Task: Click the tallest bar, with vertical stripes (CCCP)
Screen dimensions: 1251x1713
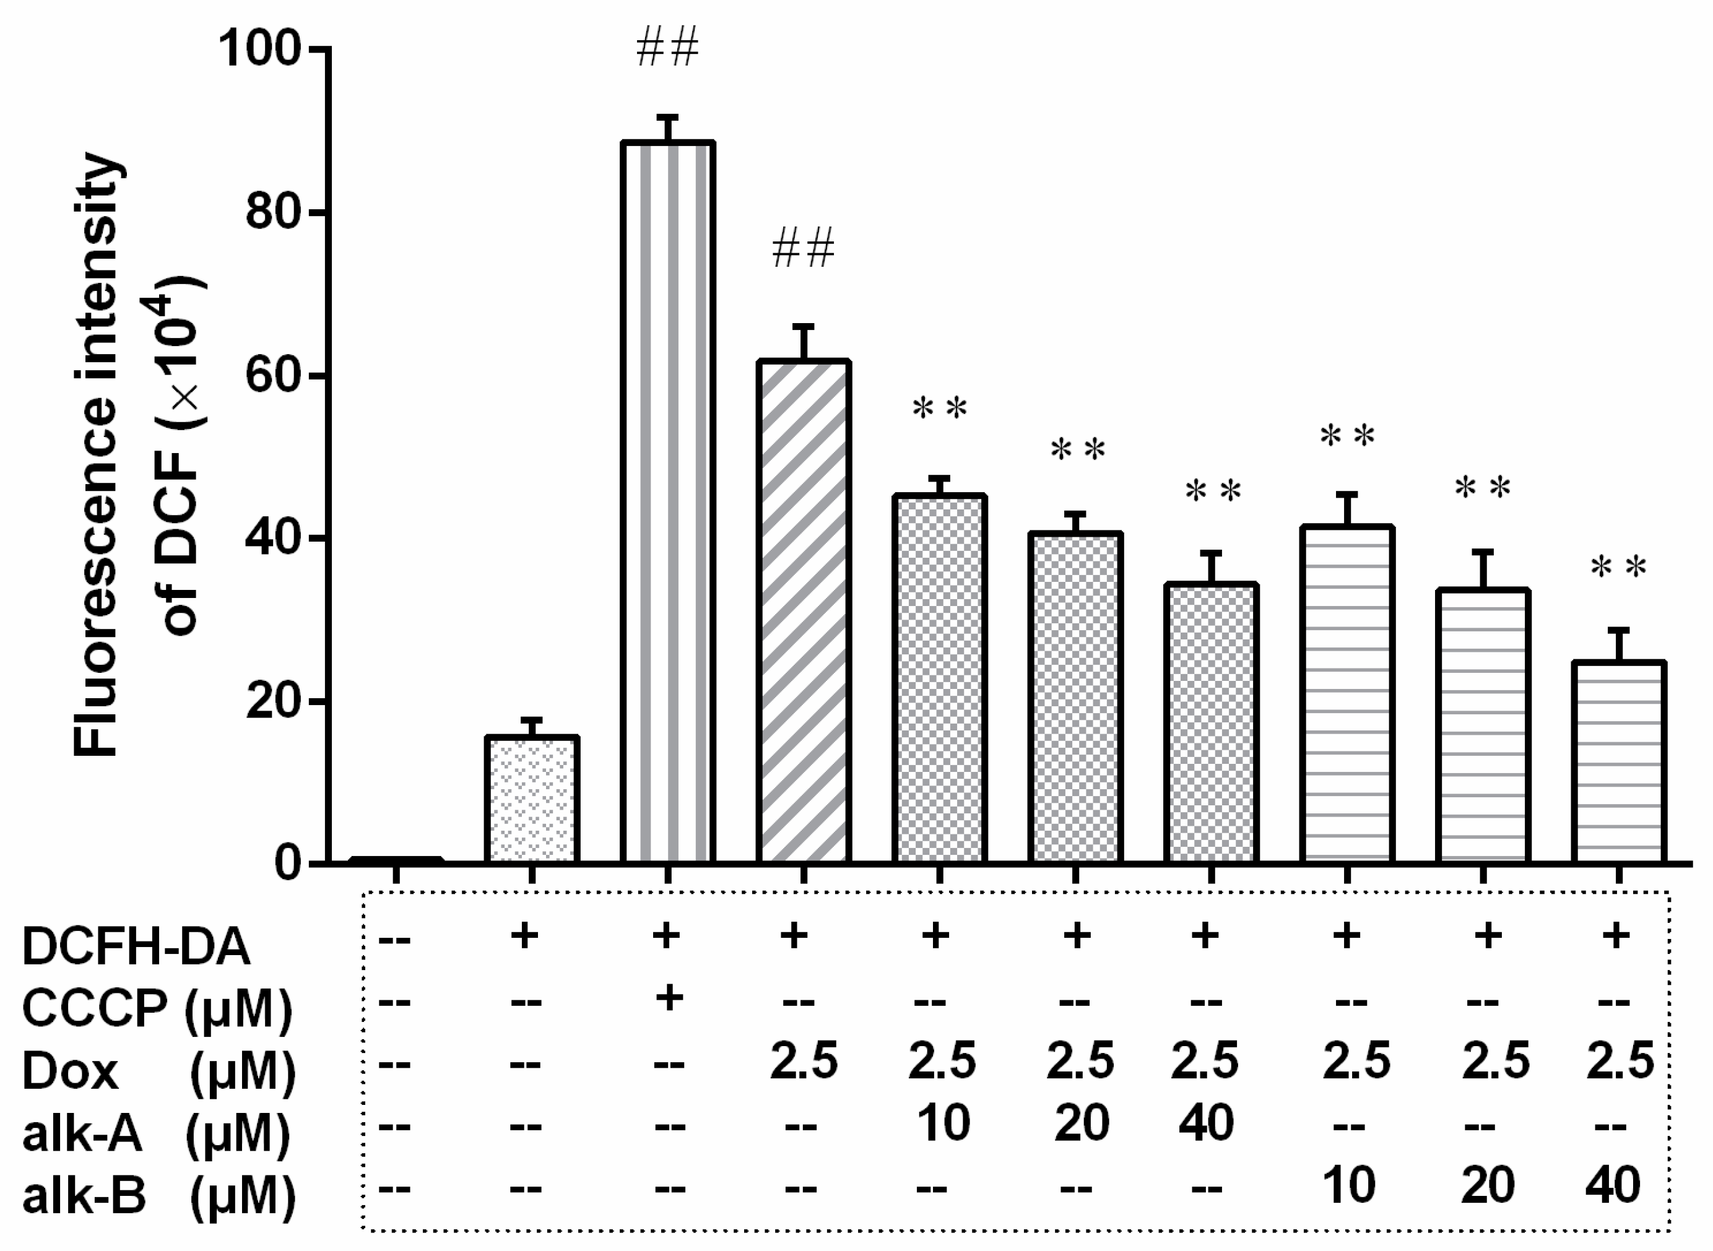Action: point(667,500)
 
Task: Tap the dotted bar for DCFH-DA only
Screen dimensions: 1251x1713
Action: point(532,799)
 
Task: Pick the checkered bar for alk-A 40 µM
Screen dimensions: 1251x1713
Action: point(1211,723)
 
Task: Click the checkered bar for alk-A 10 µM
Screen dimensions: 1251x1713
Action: point(939,678)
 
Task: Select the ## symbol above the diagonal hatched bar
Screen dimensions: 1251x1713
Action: point(803,249)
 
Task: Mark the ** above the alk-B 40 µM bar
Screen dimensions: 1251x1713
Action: point(1618,567)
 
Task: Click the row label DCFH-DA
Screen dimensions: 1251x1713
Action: point(136,946)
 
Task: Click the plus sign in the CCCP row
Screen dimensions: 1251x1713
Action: point(667,998)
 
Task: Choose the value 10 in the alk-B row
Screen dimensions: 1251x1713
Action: point(1350,1185)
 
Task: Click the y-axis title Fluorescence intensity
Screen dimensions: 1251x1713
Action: point(97,454)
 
